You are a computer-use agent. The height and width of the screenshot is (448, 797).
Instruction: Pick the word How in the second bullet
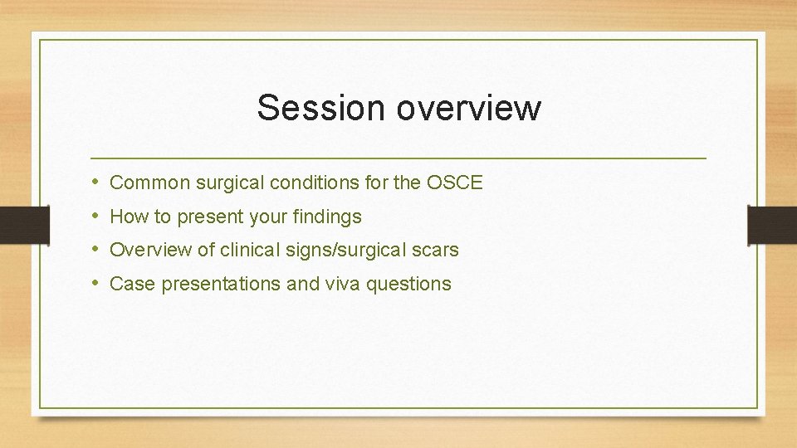tap(126, 217)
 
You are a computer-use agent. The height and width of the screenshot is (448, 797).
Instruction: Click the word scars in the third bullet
tap(437, 250)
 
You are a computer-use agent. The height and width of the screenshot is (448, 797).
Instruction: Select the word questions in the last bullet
tap(408, 284)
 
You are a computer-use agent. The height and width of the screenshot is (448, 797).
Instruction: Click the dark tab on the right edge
tap(772, 224)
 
